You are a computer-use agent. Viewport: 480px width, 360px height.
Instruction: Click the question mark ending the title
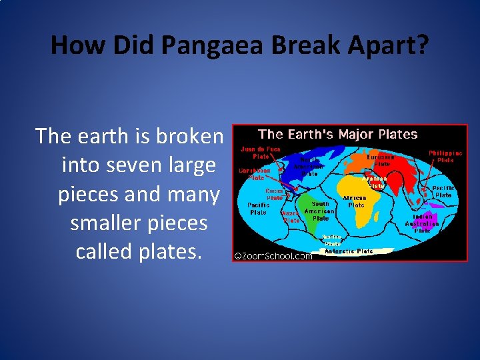pos(423,45)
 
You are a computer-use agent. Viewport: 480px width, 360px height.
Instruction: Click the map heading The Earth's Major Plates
pos(337,134)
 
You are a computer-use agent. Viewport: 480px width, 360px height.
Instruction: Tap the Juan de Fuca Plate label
pos(260,153)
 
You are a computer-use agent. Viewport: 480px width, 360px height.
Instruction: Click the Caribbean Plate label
pos(255,173)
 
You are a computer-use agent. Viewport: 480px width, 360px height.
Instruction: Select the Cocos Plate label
pos(275,194)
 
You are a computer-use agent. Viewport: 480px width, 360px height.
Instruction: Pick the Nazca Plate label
pos(291,216)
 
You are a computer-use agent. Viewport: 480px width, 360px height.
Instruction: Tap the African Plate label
pos(355,201)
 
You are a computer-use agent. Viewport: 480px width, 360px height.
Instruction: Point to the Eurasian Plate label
pos(381,160)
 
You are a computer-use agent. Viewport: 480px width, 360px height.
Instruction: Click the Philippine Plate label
pos(445,156)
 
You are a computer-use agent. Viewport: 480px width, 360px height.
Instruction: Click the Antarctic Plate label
pos(348,251)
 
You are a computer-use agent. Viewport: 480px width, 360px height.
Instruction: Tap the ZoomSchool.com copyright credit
pos(273,255)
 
